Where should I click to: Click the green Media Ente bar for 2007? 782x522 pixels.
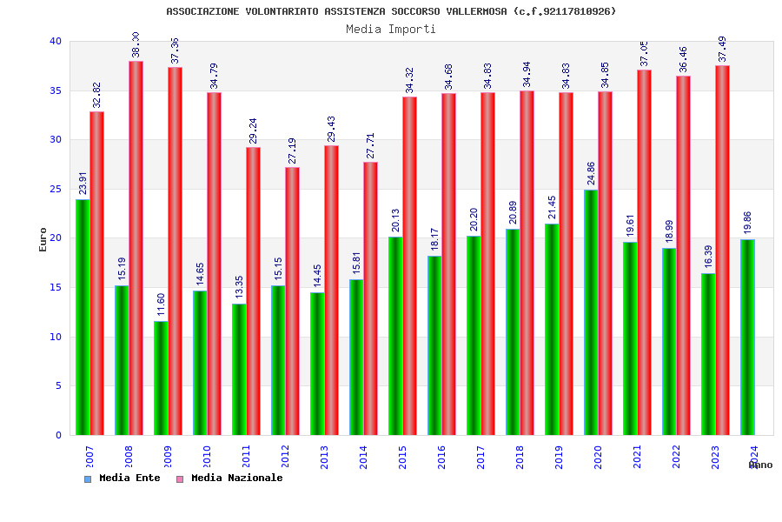(83, 318)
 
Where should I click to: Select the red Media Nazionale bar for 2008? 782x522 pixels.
(136, 248)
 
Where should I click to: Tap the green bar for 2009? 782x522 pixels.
(161, 378)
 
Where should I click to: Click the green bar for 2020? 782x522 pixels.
(591, 312)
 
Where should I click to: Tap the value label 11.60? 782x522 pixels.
(161, 305)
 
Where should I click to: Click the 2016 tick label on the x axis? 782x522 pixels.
(442, 458)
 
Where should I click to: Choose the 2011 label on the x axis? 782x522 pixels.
(247, 458)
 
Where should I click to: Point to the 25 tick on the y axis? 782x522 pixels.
(56, 189)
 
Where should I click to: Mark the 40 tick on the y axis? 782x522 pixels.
(56, 41)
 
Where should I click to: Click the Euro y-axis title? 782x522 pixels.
(43, 239)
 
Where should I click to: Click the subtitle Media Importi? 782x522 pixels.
(391, 29)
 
